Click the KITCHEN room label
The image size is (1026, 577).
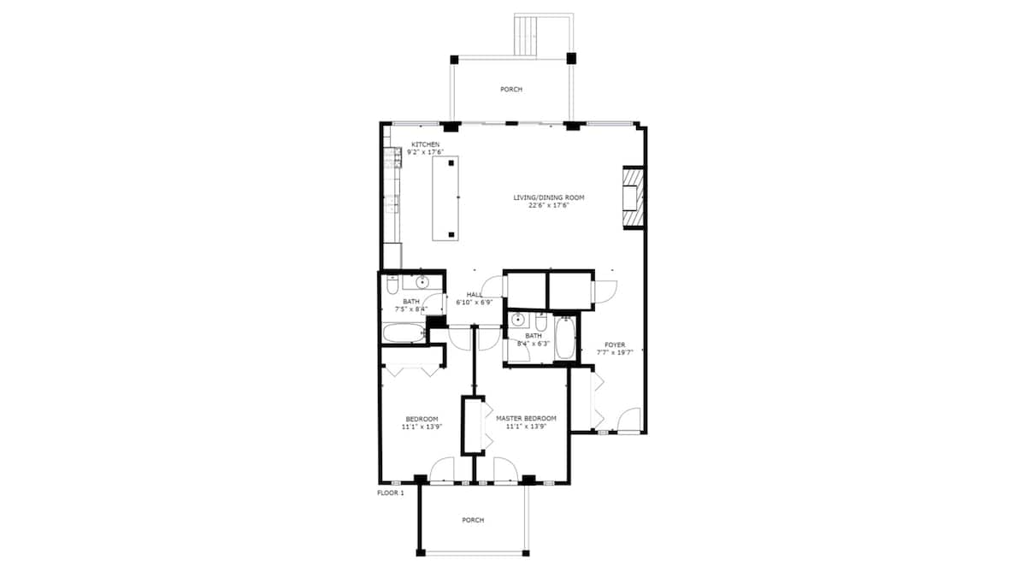tap(425, 144)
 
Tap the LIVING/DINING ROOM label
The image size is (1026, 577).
tap(549, 197)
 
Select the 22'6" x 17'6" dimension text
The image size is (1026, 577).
tap(549, 206)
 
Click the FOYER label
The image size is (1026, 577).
tap(615, 344)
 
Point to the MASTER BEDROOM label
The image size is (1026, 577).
tap(527, 419)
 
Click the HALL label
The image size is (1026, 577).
tap(475, 294)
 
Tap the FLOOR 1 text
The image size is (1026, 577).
tap(391, 493)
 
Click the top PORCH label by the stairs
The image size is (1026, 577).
tap(511, 89)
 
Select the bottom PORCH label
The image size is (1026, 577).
tap(473, 521)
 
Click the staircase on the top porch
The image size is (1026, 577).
tap(527, 35)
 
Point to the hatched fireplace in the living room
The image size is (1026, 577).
tap(634, 197)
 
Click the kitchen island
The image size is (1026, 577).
tap(445, 198)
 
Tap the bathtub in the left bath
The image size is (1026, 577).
tap(404, 333)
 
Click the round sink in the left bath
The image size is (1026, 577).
tap(422, 283)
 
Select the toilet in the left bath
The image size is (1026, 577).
tap(392, 286)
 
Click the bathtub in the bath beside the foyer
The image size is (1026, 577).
tap(565, 338)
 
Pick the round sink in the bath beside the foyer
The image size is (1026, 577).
tap(518, 320)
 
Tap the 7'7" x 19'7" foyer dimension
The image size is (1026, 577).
tap(615, 352)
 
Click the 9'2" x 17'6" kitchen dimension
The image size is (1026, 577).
tap(425, 152)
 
